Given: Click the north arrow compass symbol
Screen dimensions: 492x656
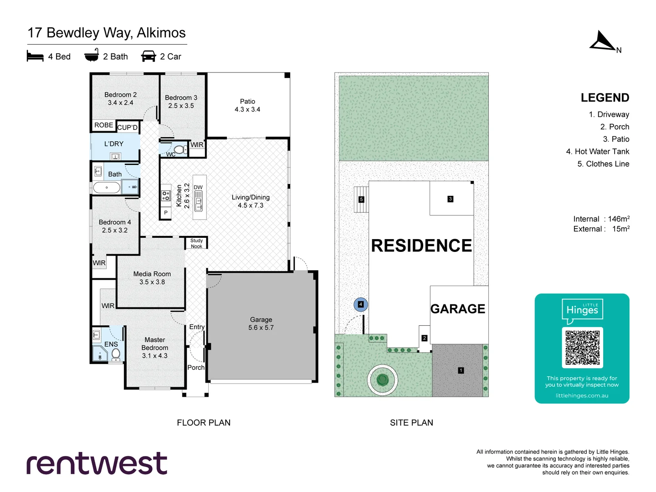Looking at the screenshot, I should point(603,41).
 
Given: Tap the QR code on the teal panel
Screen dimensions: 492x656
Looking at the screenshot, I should point(582,348).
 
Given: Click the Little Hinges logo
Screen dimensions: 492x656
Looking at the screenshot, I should point(582,310).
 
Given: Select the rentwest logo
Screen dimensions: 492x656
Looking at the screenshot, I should point(97,464).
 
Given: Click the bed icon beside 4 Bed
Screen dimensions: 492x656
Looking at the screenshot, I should point(35,56).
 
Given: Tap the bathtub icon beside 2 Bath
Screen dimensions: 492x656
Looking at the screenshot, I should point(92,56).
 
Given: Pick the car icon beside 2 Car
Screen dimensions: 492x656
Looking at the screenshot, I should point(149,56).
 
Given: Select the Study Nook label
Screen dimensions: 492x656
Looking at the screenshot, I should point(196,243).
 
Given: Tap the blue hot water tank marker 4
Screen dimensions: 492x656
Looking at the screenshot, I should point(361,304).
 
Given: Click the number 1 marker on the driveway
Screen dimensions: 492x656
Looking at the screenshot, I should point(461,370).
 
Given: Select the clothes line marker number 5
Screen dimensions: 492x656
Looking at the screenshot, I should point(361,200).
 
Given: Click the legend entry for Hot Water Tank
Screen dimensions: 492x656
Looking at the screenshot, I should point(597,152).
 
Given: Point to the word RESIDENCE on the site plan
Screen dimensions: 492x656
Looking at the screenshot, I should point(421,246).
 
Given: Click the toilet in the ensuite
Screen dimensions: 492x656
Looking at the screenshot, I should point(116,354).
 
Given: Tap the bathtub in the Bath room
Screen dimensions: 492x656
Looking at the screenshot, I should point(107,187).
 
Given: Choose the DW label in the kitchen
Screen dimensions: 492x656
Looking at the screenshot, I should point(198,187).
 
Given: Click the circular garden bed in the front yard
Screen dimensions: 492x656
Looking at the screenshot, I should point(383,379).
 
